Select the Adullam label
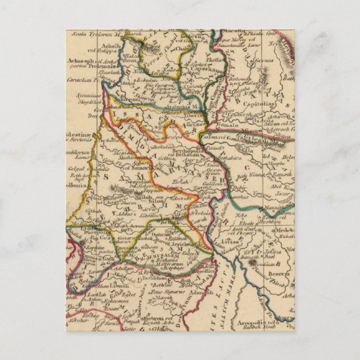[x=119, y=268]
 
